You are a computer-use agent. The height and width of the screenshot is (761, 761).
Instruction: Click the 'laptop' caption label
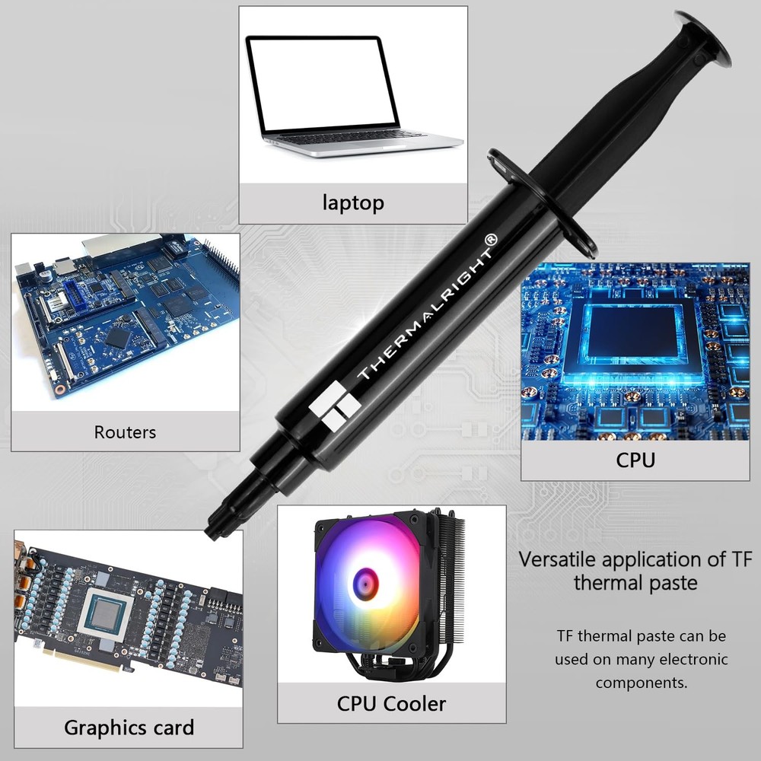click(353, 202)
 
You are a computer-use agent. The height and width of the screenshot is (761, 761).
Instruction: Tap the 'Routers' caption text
click(125, 432)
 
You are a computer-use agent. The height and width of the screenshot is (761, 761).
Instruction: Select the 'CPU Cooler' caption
click(391, 703)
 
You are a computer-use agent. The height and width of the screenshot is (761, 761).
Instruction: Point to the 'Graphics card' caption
click(129, 727)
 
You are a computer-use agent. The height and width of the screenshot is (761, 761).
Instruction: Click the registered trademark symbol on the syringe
click(491, 239)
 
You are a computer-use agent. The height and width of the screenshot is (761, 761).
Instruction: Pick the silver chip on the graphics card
click(105, 613)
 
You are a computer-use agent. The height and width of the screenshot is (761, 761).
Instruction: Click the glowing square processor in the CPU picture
click(632, 337)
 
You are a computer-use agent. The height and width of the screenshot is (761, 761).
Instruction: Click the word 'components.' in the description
click(642, 683)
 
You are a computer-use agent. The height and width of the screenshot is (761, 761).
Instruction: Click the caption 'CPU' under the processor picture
click(635, 460)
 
